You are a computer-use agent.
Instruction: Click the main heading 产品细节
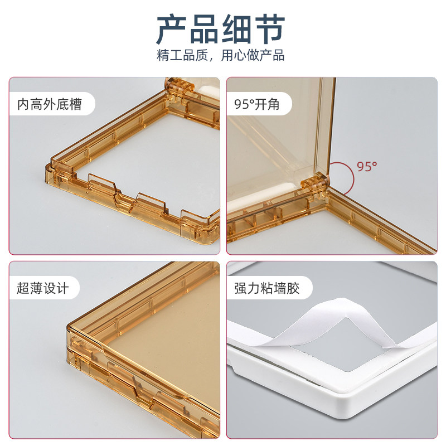coord(221,30)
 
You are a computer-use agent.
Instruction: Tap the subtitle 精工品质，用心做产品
coord(221,55)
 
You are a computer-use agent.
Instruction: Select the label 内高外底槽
coord(50,104)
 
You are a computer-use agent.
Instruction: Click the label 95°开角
coord(256,104)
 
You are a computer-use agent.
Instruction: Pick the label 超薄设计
coord(43,288)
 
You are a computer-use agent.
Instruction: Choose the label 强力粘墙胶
coord(267,288)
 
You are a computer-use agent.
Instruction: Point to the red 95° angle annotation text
coord(367,166)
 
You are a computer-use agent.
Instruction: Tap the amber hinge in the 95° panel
coord(315,185)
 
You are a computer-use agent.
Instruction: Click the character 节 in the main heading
coord(270,30)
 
